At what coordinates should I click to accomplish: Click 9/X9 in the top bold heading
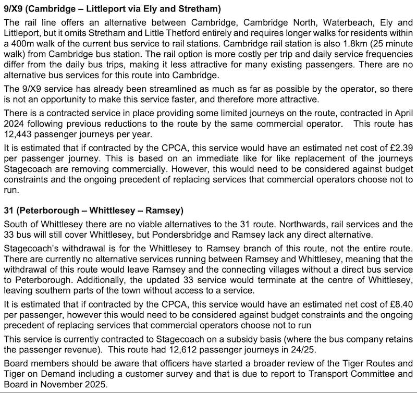14,9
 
